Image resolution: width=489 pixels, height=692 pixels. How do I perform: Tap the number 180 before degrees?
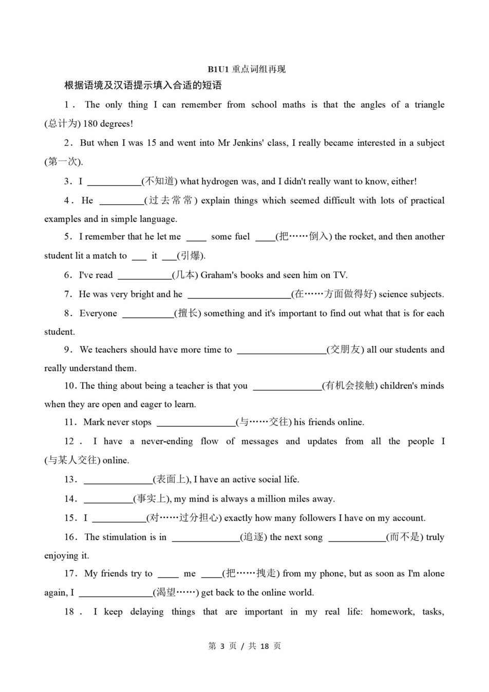90,124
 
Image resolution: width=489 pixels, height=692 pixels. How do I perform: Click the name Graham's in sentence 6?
218,275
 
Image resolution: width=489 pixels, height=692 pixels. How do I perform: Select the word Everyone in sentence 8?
98,313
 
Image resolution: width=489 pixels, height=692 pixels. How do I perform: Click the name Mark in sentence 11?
94,422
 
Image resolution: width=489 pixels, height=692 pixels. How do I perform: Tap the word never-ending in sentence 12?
167,441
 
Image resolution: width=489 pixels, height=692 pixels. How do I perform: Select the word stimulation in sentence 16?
125,537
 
